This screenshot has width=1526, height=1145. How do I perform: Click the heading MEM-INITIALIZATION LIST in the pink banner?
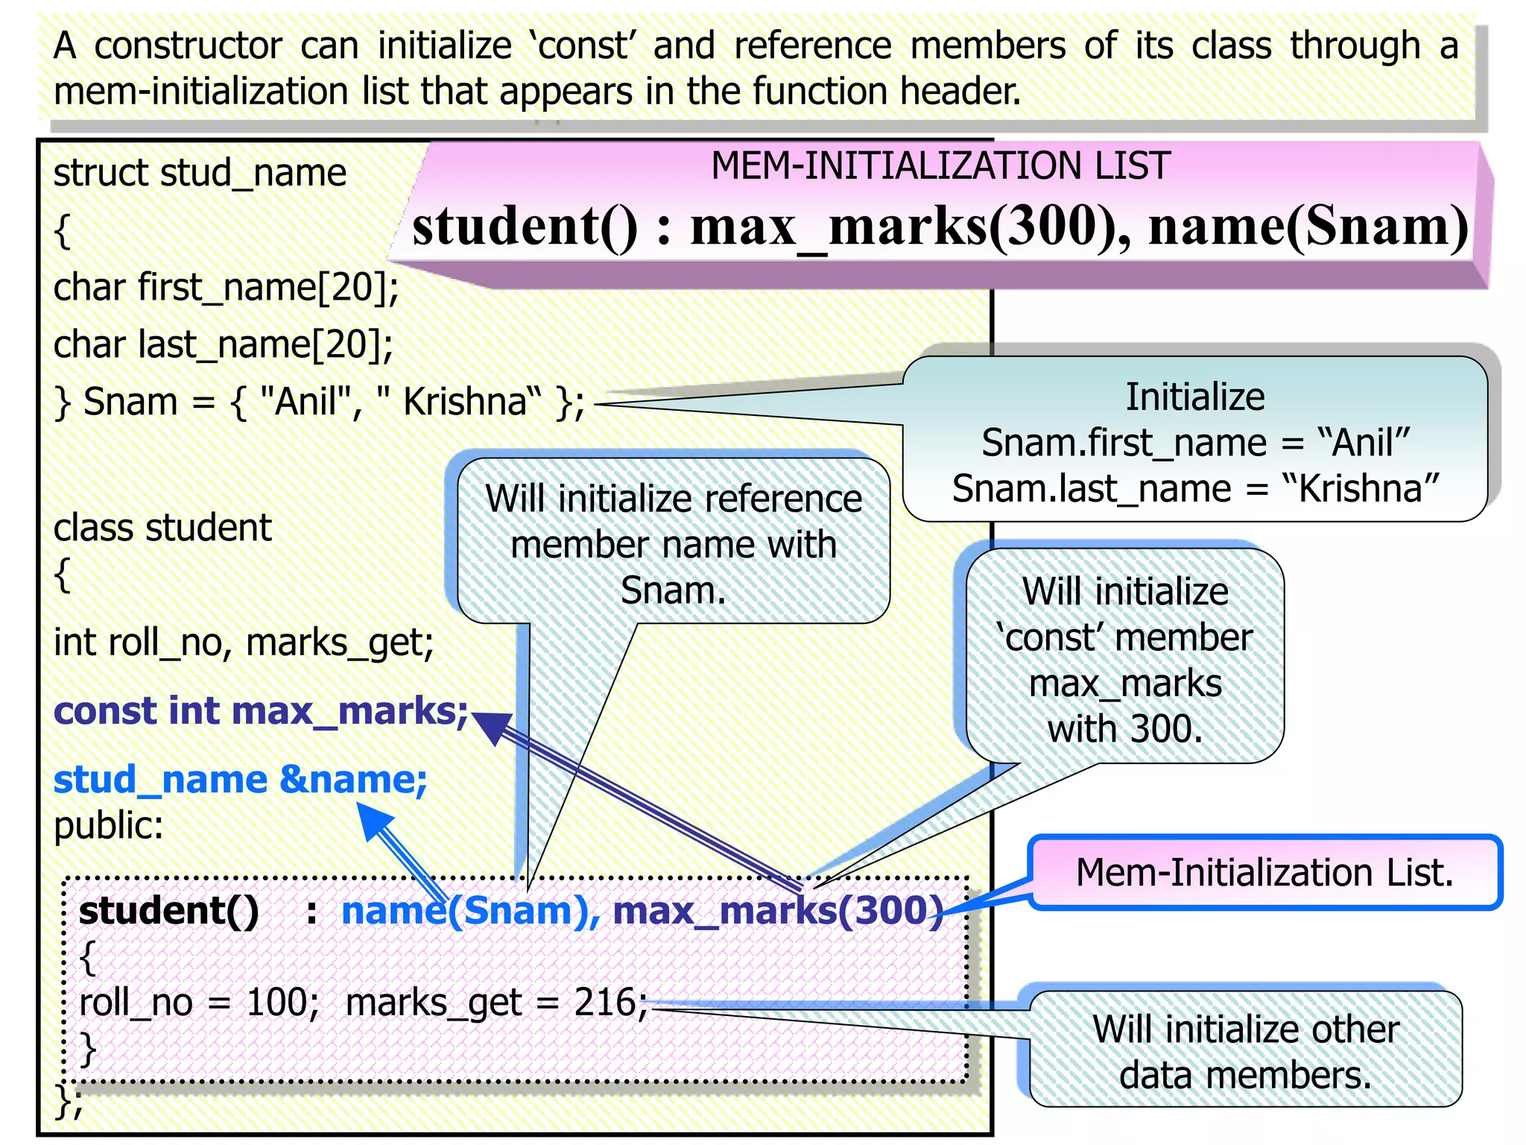(x=940, y=165)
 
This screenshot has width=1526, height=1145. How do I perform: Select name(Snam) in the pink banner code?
(x=1308, y=227)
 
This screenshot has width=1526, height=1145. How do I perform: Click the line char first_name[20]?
(x=226, y=288)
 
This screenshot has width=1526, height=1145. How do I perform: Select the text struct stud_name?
(x=200, y=173)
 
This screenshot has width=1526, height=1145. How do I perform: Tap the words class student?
(x=162, y=528)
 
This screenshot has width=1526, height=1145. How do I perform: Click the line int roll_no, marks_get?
(x=244, y=643)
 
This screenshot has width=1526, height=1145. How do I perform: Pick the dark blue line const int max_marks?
(x=261, y=711)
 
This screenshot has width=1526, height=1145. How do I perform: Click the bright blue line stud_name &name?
(x=240, y=780)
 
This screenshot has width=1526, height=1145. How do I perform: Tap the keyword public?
(x=109, y=826)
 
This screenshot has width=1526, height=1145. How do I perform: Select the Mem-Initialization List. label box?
(x=1264, y=872)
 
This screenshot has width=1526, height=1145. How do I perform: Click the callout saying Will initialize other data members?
(x=1245, y=1051)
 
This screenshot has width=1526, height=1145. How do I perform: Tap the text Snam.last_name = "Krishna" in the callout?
(x=1194, y=489)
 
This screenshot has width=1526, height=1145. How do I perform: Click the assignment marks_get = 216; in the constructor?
(x=496, y=1003)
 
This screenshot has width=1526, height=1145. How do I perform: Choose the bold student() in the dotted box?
(x=169, y=911)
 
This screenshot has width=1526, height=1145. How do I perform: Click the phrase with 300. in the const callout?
(x=1124, y=729)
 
